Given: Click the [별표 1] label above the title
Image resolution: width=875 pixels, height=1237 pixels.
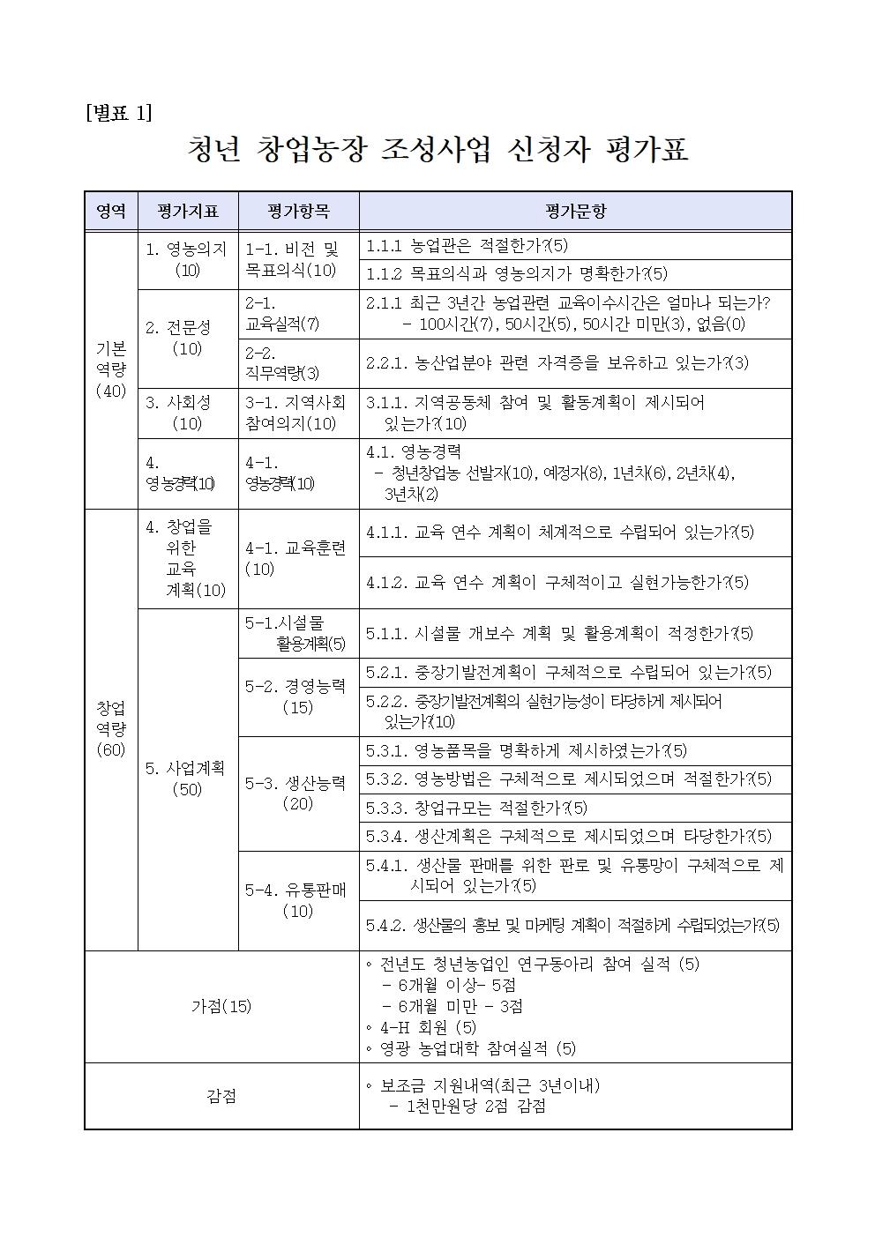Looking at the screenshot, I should tap(119, 113).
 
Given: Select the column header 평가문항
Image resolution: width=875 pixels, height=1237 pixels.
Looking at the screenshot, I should tap(575, 212).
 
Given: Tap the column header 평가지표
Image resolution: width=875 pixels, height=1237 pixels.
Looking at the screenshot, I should tap(187, 212).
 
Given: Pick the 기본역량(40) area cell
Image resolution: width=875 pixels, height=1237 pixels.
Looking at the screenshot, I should tap(111, 370).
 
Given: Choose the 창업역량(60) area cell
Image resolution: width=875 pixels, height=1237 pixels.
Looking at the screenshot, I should tap(111, 729).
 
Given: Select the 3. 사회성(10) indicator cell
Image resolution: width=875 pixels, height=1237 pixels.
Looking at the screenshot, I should tap(187, 413).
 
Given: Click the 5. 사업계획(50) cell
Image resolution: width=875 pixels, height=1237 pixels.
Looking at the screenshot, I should tap(187, 779).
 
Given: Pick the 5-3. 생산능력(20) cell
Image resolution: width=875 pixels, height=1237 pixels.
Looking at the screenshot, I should tap(297, 793).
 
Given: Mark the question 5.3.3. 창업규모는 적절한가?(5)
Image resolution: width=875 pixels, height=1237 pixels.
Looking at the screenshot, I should tap(476, 808).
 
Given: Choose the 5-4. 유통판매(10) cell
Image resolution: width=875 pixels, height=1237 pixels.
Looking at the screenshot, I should tap(297, 900).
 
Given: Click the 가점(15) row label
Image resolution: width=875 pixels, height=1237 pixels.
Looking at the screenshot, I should tap(221, 1006).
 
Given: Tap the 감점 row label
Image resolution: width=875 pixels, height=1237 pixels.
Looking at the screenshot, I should tap(221, 1096).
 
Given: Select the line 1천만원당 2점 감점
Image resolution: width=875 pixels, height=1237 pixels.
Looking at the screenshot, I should tap(467, 1107).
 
